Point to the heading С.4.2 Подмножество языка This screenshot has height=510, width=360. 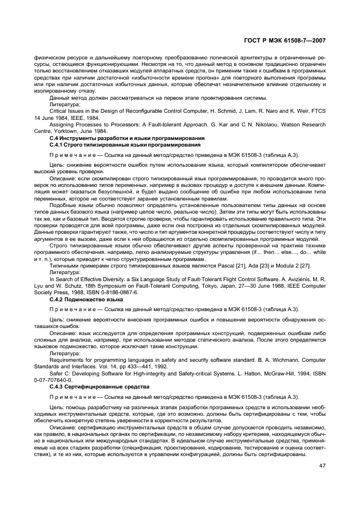click(86, 300)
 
